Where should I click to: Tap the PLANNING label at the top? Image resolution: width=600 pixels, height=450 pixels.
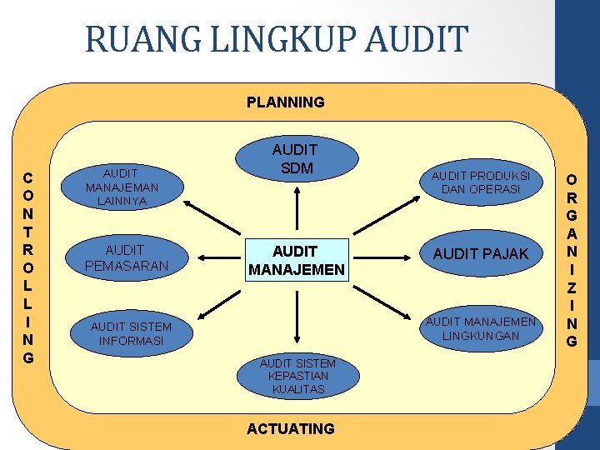point(285,102)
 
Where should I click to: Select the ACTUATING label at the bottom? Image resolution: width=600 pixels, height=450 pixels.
point(291,428)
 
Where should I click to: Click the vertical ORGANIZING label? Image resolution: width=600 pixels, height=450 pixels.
point(571,259)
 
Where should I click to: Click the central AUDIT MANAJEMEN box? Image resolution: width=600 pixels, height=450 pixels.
point(295,261)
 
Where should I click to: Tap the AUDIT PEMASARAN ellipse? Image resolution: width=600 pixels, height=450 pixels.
point(125,257)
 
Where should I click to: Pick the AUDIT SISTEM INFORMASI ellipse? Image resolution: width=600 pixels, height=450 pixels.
point(131,333)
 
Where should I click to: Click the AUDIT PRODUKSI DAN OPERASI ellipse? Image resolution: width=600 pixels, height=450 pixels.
point(481,182)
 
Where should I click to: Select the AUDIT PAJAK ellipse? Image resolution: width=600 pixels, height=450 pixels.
point(481,254)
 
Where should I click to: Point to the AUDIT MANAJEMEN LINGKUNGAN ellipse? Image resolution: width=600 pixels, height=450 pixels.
point(481,327)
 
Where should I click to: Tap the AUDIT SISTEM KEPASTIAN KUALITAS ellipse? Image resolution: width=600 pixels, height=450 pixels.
point(297,376)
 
